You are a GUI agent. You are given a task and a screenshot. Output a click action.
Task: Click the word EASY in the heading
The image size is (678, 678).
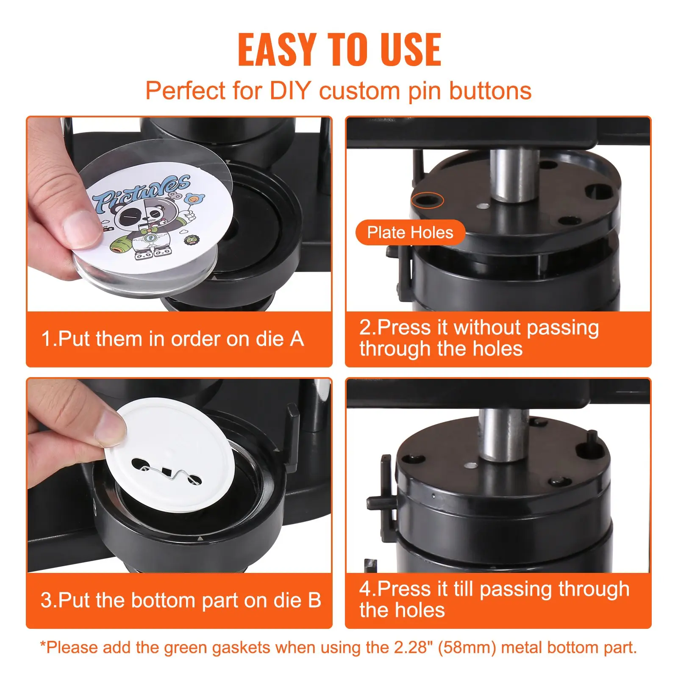pos(277,50)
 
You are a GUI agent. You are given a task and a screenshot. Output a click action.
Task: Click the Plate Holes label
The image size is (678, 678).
pos(410,232)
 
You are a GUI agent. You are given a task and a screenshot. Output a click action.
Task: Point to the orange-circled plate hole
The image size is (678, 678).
pos(427,200)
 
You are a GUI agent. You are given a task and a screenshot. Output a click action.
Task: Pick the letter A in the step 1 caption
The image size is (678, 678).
pos(297,339)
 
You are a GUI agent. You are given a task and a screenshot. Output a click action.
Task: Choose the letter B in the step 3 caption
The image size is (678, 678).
pos(314,600)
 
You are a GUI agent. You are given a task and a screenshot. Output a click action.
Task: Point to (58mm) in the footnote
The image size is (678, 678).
pos(467,648)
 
